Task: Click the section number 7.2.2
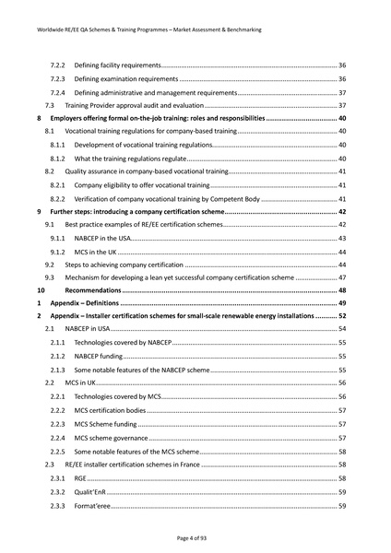coord(57,65)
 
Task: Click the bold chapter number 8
coord(38,120)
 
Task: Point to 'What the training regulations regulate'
coord(133,159)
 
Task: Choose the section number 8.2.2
coord(57,199)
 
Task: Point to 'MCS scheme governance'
coord(111,438)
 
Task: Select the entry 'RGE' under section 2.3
coord(81,479)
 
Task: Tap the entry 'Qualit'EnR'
coord(90,492)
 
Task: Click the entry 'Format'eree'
coord(92,506)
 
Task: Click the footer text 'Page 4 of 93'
coord(195,536)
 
